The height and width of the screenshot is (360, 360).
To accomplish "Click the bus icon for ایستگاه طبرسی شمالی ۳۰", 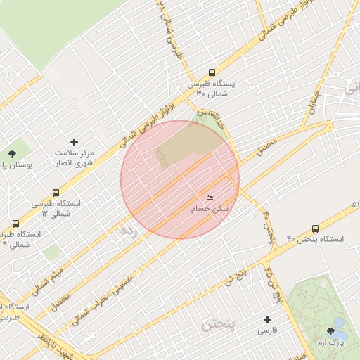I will coord(212,72).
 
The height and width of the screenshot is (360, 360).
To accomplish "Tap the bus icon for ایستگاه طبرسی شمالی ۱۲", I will coord(56,193).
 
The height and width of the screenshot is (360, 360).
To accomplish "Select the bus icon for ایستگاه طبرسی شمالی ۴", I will coord(15,224).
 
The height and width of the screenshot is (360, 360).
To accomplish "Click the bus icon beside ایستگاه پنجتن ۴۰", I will coord(314,229).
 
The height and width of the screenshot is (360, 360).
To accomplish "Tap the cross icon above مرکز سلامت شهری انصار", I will coord(75,143).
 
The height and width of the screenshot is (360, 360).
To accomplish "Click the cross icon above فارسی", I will coord(266,319).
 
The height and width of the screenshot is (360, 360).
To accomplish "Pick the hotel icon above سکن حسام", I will coord(210,199).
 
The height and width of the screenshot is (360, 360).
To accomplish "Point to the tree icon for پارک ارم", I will coord(330,331).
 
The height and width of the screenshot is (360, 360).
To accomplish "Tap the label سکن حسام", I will coord(210,210).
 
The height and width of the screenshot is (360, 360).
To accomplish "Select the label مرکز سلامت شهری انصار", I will coord(75,158).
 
